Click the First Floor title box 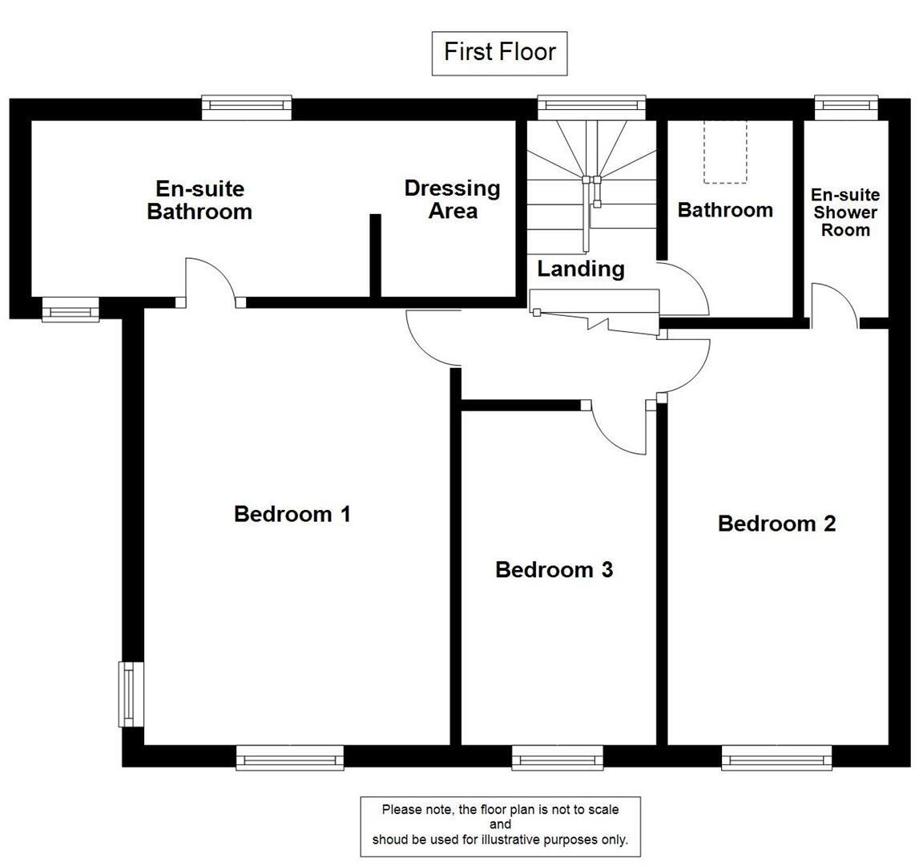[499, 53]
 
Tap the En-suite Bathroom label [200, 200]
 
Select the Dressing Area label [452, 200]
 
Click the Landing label [580, 269]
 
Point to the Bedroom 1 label [292, 514]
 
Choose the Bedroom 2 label [776, 524]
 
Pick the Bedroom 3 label [554, 570]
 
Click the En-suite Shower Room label [845, 212]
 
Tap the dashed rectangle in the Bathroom [725, 152]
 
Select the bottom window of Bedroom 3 [557, 757]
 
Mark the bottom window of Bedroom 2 [776, 757]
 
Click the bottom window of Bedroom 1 [290, 757]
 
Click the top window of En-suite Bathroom [246, 107]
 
